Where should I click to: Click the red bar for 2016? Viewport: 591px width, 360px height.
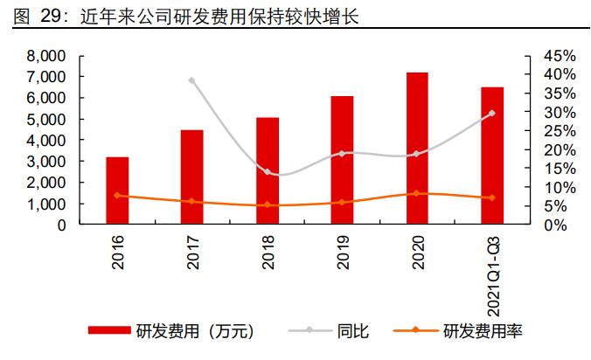pos(117,190)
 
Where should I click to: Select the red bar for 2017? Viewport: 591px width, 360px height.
pos(192,177)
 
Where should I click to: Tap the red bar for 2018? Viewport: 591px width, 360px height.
pos(268,170)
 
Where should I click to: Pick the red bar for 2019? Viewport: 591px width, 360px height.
pos(342,160)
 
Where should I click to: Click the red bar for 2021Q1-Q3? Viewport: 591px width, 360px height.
pos(491,156)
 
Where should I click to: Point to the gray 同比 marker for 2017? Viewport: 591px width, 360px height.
pos(192,80)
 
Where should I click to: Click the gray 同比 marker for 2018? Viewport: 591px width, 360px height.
pos(268,171)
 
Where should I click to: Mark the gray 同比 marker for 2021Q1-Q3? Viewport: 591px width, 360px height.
pos(491,113)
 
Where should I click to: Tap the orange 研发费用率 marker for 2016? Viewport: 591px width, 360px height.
pos(117,196)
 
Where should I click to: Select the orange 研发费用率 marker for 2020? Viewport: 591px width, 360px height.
pos(417,193)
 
